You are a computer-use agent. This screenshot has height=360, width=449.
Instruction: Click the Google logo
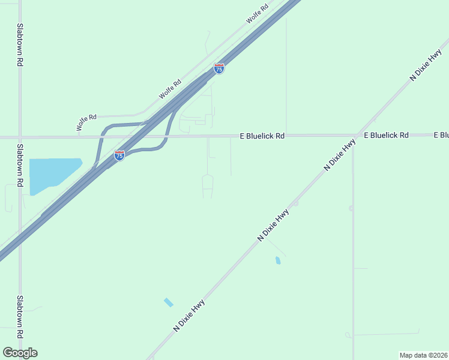pyautogui.click(x=20, y=353)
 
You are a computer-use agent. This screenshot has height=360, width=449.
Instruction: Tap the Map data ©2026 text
pyautogui.click(x=423, y=355)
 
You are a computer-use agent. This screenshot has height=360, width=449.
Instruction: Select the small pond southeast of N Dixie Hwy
pyautogui.click(x=277, y=260)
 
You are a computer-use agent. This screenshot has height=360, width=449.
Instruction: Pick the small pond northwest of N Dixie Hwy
pyautogui.click(x=169, y=302)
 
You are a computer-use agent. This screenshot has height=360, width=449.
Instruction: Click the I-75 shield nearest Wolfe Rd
pyautogui.click(x=219, y=69)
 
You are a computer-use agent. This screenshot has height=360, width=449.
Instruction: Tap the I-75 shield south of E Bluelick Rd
pyautogui.click(x=119, y=155)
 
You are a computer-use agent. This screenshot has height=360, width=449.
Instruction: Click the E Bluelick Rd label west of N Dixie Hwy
pyautogui.click(x=262, y=136)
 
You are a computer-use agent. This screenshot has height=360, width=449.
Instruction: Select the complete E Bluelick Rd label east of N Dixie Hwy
pyautogui.click(x=386, y=136)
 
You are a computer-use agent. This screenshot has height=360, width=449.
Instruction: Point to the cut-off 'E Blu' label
pyautogui.click(x=441, y=136)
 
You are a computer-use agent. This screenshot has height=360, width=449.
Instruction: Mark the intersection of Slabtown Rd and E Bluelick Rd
pyautogui.click(x=20, y=137)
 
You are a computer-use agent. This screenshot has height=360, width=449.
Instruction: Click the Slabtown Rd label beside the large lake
pyautogui.click(x=20, y=166)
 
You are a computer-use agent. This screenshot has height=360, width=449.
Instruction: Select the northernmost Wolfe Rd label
pyautogui.click(x=257, y=15)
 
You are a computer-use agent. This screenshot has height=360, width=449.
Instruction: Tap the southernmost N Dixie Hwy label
pyautogui.click(x=188, y=316)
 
